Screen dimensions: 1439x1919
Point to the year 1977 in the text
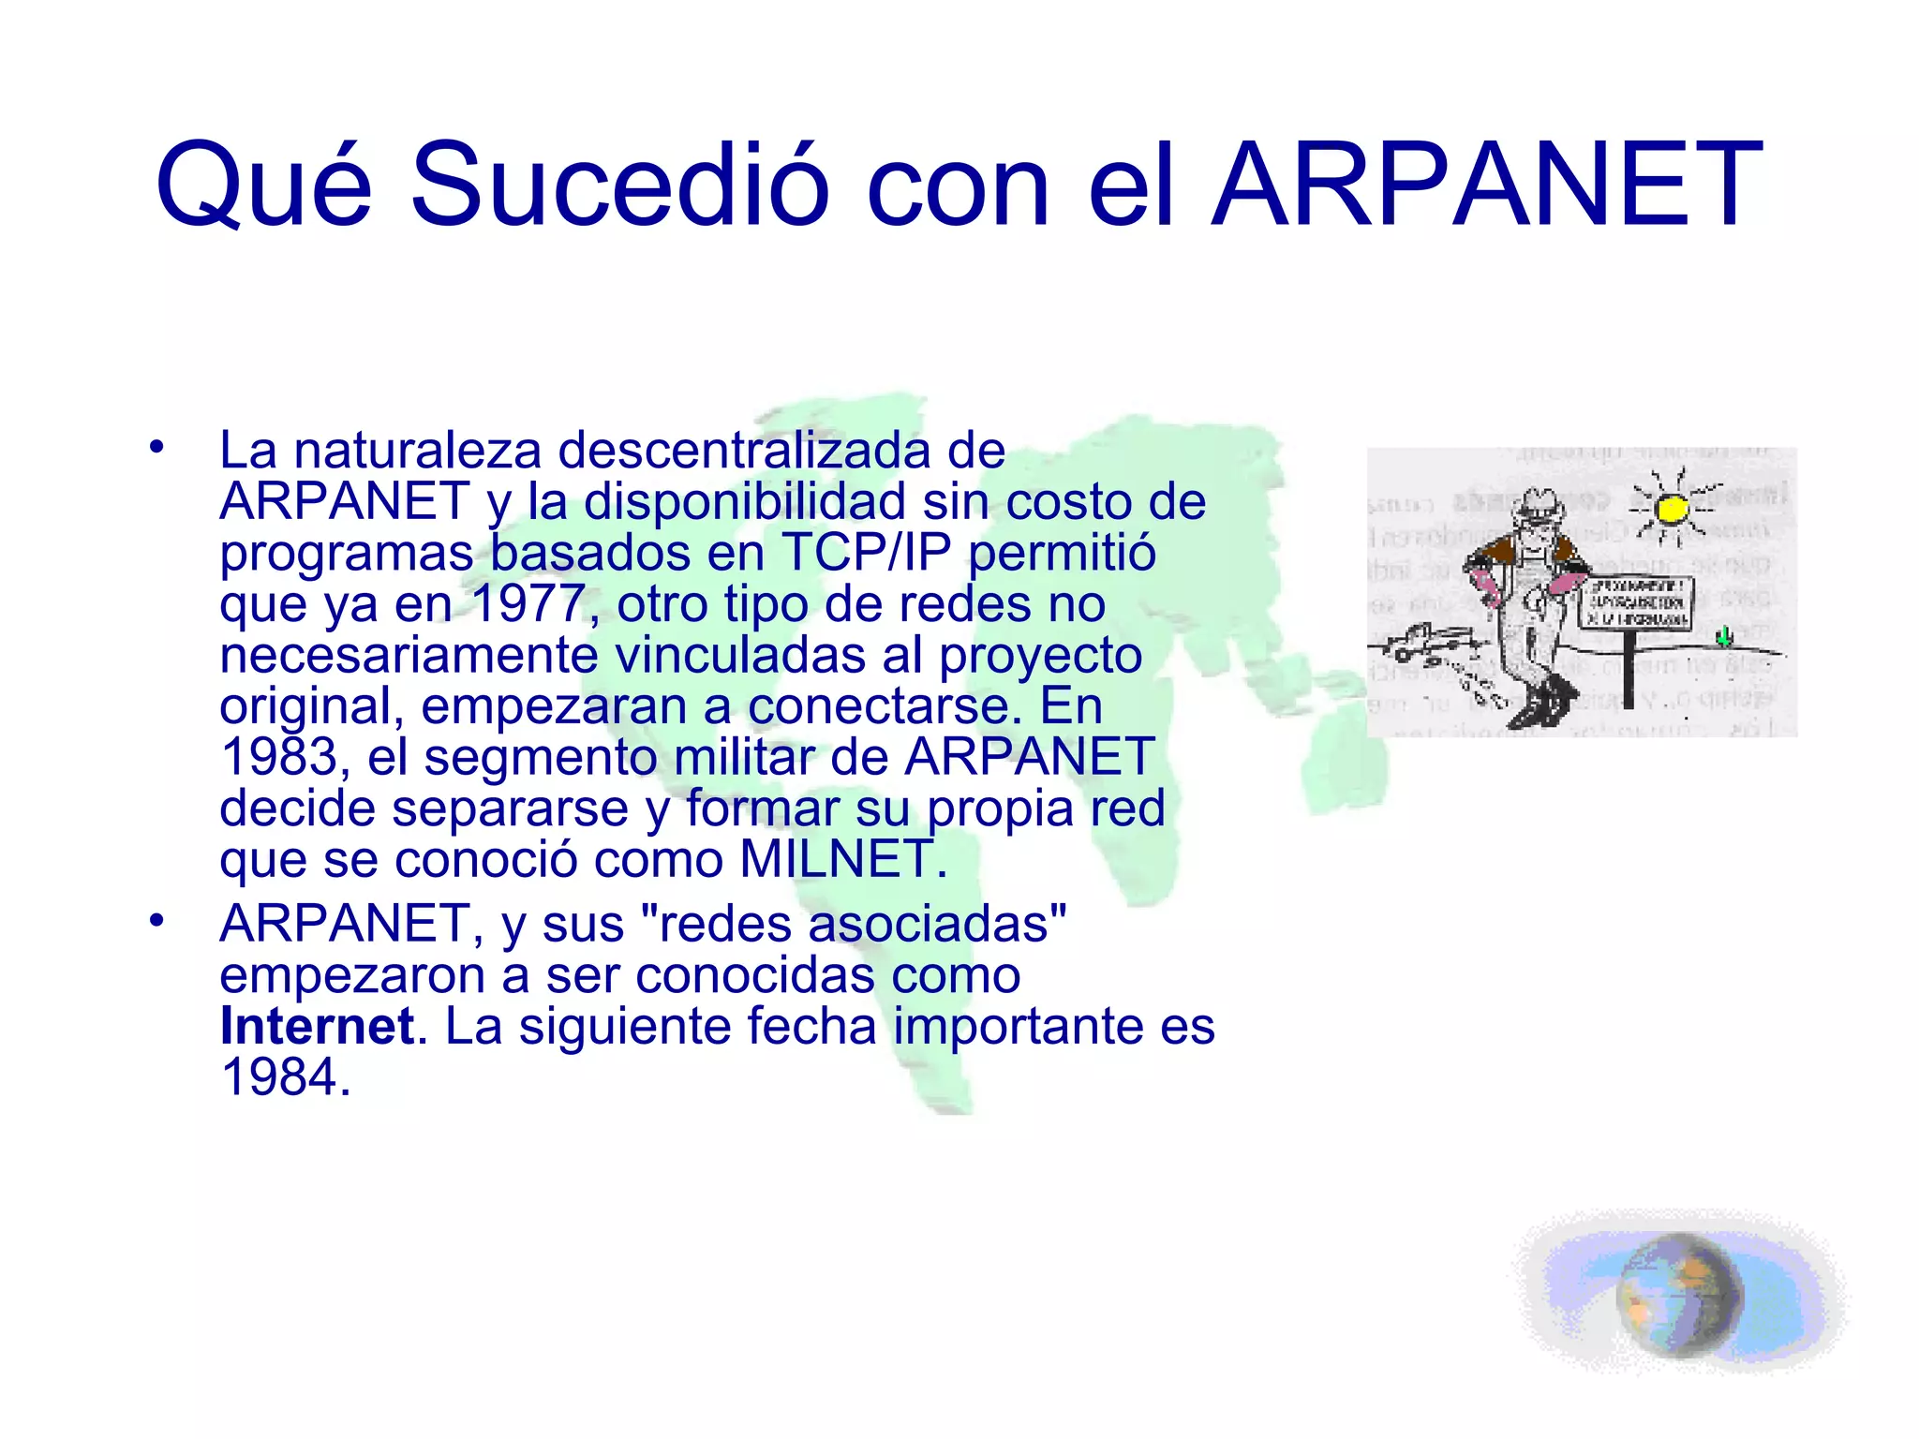(528, 604)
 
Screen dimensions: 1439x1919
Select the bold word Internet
(317, 1026)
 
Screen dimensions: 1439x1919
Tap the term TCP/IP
(866, 553)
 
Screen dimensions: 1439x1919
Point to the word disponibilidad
(745, 501)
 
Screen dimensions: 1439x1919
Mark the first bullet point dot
(156, 446)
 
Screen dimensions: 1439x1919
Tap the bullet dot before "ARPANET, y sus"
(156, 920)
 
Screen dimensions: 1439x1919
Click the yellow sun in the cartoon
(1671, 509)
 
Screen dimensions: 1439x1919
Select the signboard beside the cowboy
(1636, 602)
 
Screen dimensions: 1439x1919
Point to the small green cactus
(1723, 638)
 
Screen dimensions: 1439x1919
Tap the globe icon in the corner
(1679, 1295)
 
